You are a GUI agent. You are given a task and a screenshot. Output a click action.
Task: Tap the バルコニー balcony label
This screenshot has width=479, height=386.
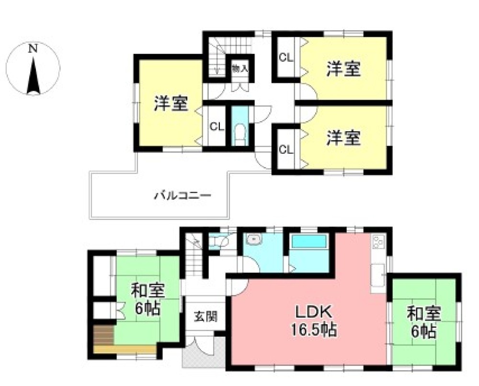[x=183, y=195]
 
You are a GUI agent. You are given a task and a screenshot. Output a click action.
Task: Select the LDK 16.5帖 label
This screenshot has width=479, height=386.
[x=314, y=321]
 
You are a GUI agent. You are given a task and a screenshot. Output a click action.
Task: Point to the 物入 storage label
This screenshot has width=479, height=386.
[x=239, y=68]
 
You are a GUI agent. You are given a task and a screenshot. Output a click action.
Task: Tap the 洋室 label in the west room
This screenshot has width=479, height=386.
[x=171, y=104]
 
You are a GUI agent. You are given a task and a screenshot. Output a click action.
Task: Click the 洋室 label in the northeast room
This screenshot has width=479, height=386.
[x=343, y=69]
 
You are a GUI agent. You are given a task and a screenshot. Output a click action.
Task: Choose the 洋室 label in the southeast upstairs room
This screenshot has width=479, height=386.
[x=343, y=138]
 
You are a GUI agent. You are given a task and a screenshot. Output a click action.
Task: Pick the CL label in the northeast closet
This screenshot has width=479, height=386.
[x=286, y=58]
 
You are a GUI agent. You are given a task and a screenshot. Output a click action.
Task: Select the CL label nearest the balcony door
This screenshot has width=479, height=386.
[x=286, y=149]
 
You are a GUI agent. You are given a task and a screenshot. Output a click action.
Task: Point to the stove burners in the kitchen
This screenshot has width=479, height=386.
[x=378, y=242]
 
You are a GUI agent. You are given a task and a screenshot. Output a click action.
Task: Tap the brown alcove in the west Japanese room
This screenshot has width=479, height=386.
[x=103, y=334]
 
